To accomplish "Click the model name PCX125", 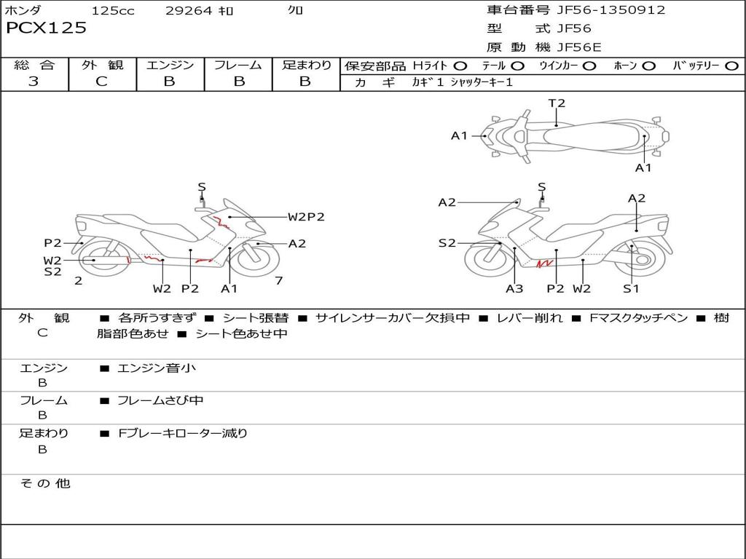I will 46,28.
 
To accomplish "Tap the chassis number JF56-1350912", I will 600,9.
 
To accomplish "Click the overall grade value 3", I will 34,82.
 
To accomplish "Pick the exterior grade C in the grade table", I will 101,82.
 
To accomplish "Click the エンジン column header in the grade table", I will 170,66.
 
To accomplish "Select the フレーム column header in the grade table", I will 237,66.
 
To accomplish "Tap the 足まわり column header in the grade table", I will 306,66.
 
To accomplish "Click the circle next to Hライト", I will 460,66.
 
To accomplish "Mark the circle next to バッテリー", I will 731,66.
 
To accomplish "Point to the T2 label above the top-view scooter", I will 557,103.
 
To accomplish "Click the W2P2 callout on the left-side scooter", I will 305,216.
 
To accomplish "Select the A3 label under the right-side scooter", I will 514,289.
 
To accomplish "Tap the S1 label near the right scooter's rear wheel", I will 631,289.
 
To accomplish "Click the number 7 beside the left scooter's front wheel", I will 278,280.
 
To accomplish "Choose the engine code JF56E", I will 579,47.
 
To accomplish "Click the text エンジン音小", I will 157,368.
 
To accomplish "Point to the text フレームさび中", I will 160,400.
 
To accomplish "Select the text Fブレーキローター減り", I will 183,433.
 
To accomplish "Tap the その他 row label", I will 45,483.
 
